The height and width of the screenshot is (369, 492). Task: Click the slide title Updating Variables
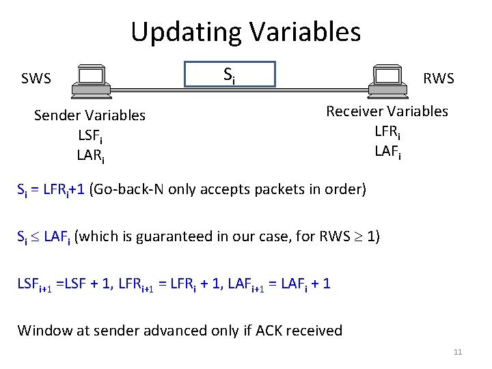[245, 31]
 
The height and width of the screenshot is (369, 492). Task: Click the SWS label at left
[36, 79]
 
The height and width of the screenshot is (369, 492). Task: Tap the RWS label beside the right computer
[439, 79]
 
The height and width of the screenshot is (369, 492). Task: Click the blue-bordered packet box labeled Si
[230, 74]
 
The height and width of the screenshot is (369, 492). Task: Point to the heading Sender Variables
[90, 115]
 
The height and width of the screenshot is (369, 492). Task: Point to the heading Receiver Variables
[387, 111]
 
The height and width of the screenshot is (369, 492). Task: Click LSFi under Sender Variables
[90, 135]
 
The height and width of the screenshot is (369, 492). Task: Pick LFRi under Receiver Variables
[387, 131]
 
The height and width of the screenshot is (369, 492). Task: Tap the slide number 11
[458, 352]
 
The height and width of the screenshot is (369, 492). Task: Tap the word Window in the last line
[44, 331]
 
